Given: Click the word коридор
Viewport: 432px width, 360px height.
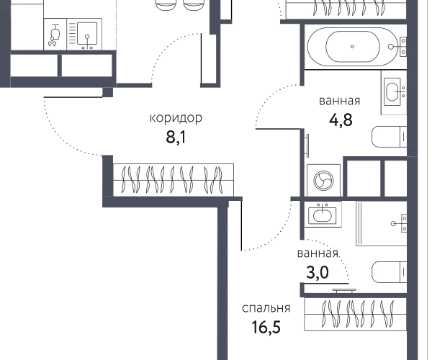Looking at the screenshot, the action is point(176,118).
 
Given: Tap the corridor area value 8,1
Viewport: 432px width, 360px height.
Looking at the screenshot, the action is point(176,137).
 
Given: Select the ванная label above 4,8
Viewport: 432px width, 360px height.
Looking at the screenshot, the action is point(339,101).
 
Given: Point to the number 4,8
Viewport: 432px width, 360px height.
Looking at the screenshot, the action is point(341,120).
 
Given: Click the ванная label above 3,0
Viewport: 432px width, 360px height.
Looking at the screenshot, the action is point(318,253).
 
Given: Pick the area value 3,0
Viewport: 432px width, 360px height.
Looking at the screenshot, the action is point(318,272).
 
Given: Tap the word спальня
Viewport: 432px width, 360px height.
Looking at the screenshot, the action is point(266,308).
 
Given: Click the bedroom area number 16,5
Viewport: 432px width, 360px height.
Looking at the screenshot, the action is point(266,327).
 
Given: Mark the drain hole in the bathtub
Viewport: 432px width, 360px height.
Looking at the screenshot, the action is point(352,47).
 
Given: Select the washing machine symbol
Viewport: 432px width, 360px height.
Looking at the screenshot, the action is point(323,181).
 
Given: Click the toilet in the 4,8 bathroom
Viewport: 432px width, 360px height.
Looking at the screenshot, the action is point(389,137).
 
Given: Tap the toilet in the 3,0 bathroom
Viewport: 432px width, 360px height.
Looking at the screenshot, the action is point(389,272).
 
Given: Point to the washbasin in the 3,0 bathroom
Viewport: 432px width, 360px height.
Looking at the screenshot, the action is point(323,215).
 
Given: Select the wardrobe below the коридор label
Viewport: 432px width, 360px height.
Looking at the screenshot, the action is point(174,180).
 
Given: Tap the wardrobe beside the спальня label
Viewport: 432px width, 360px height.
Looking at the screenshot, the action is point(356,314).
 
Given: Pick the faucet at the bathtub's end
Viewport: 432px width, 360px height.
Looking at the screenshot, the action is point(397,47).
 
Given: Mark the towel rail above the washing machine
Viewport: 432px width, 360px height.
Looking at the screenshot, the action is point(307,145).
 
